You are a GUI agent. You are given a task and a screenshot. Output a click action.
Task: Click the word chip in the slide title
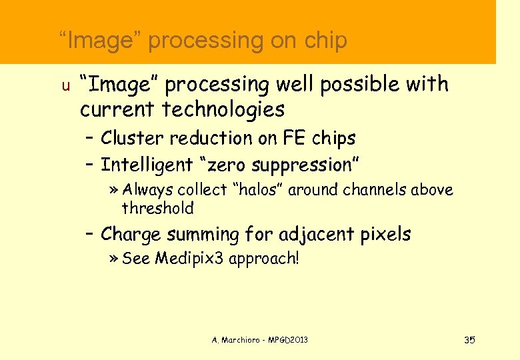click(326, 41)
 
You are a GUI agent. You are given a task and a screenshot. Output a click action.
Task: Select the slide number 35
click(469, 340)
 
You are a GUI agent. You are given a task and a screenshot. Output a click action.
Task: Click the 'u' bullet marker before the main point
click(65, 86)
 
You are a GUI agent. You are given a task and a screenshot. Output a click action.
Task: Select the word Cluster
click(133, 138)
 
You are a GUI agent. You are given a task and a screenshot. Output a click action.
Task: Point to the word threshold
click(158, 208)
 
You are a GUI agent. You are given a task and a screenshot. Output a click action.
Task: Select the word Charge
click(132, 235)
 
